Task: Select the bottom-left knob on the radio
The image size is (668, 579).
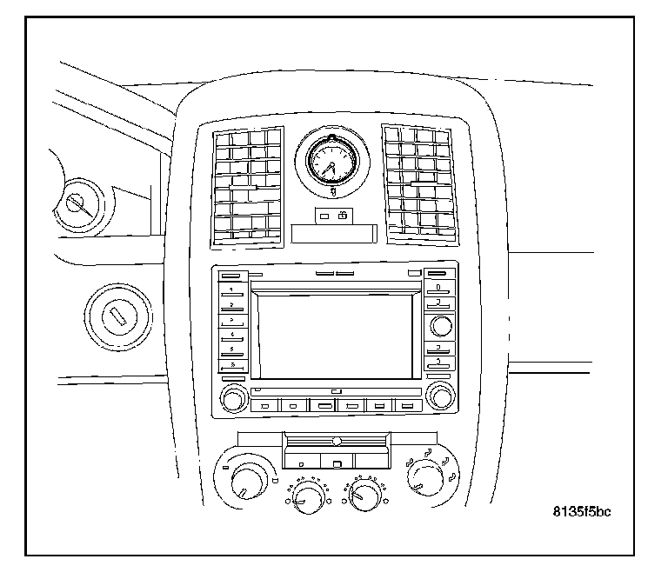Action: click(x=233, y=400)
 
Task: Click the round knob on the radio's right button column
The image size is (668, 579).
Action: click(x=440, y=327)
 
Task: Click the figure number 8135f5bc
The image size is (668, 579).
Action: click(x=581, y=511)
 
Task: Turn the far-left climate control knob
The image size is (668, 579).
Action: click(x=249, y=479)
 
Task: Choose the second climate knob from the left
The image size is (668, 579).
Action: click(x=305, y=497)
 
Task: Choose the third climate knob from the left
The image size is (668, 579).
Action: click(x=364, y=497)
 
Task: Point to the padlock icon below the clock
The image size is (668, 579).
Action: click(x=344, y=215)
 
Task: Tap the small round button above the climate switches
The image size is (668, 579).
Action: click(x=336, y=442)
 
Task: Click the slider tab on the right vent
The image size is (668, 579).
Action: click(x=424, y=183)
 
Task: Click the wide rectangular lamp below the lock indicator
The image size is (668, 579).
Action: click(x=334, y=233)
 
